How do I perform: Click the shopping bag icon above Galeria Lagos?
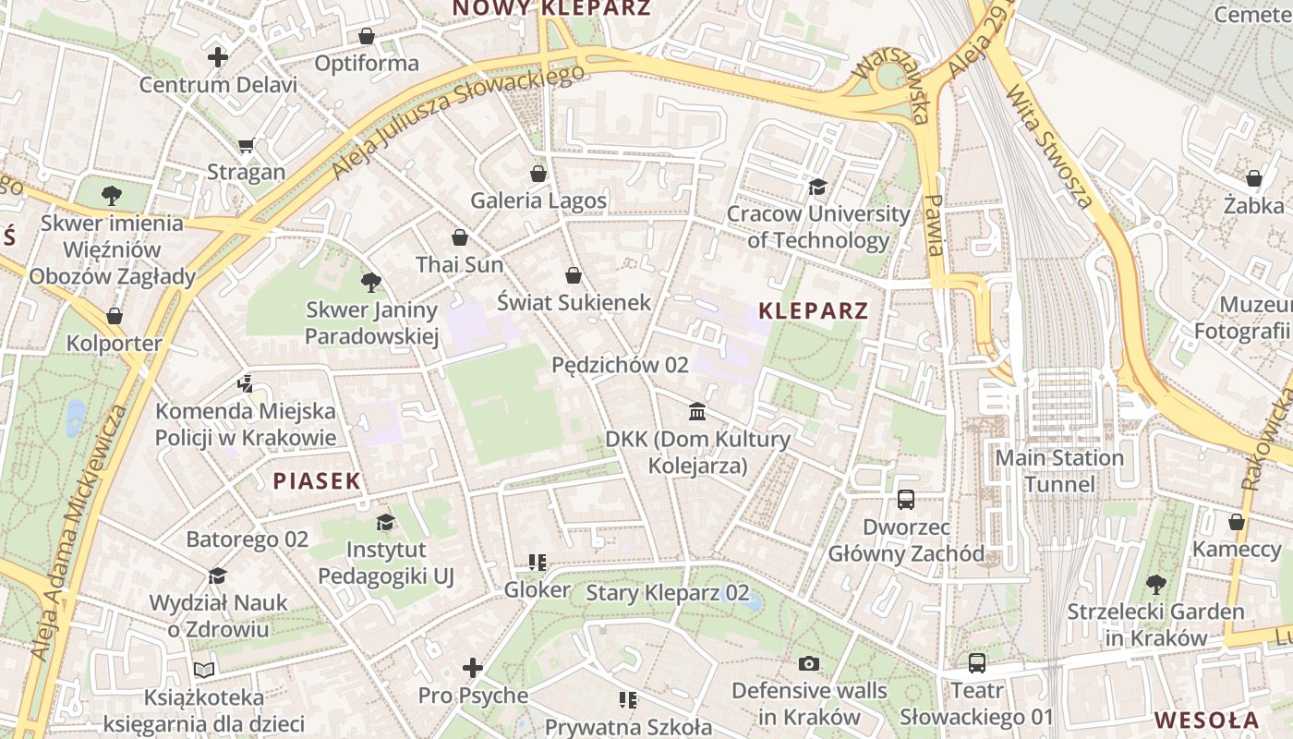tap(538, 174)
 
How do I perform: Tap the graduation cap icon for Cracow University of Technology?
tap(817, 188)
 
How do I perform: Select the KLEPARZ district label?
tap(814, 311)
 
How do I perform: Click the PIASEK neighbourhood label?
tap(317, 480)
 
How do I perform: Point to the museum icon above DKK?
tap(697, 411)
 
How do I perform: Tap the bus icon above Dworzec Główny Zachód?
tap(906, 500)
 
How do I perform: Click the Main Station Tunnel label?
tap(1059, 471)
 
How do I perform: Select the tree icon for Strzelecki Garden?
tap(1155, 584)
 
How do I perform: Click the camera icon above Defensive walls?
tap(809, 663)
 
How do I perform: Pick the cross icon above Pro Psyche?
tap(473, 667)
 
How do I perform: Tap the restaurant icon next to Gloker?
tap(538, 562)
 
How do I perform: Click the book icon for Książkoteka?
tap(204, 670)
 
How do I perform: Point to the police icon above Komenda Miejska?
tap(245, 383)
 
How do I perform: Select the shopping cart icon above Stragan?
tap(246, 145)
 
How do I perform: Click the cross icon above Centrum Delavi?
tap(218, 57)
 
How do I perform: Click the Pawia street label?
tap(935, 225)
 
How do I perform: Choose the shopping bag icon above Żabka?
tap(1253, 177)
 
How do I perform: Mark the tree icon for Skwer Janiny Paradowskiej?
tap(371, 283)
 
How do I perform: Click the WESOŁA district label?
tap(1206, 720)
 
